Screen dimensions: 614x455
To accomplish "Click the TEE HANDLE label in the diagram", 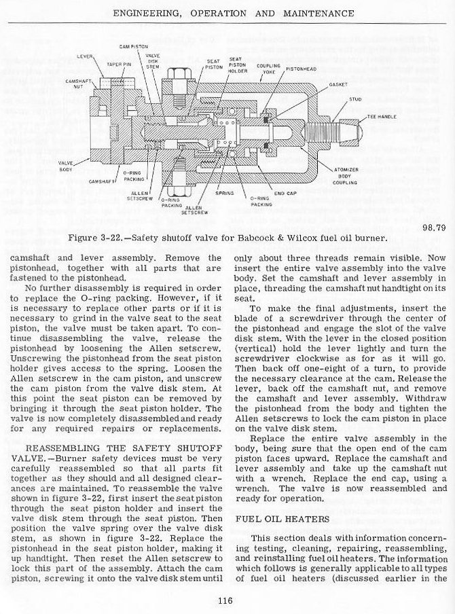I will tap(381, 117).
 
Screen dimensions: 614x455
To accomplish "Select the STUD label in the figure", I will tap(354, 99).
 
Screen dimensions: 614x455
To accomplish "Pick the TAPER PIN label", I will tap(116, 64).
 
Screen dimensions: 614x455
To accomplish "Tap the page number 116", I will tap(226, 598).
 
